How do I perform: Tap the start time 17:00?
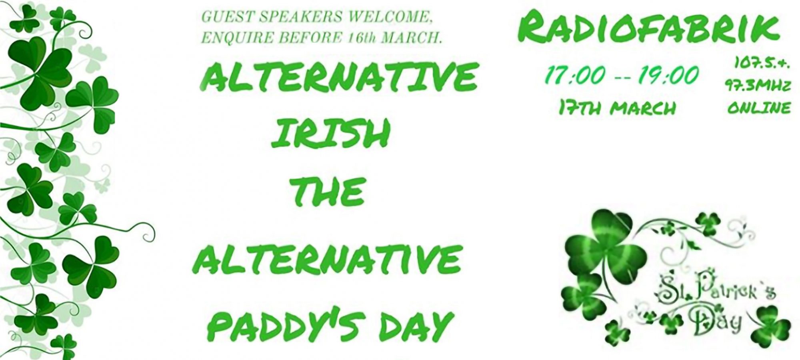click(x=574, y=76)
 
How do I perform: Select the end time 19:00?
click(x=669, y=76)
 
